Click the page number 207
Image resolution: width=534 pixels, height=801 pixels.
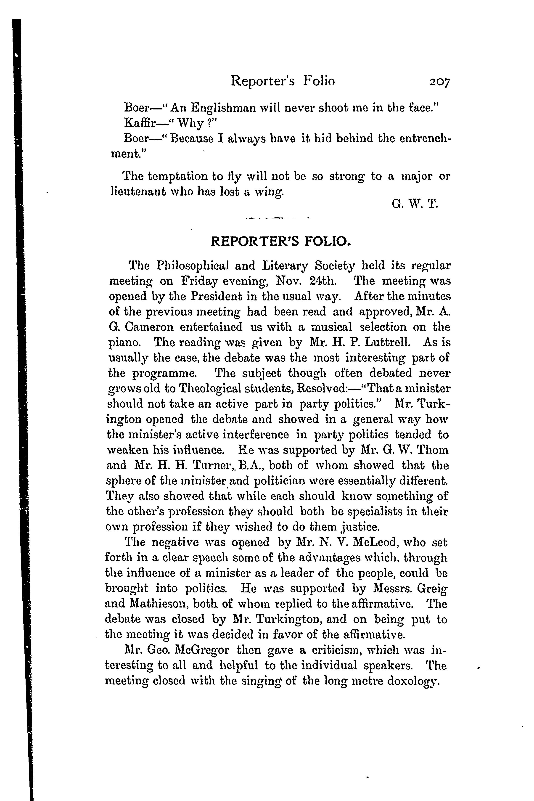click(440, 82)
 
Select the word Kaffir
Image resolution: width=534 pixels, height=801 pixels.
click(139, 123)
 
